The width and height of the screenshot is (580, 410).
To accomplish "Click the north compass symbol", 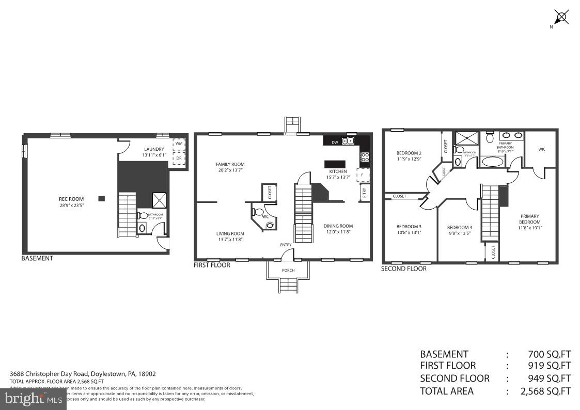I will point(562,17).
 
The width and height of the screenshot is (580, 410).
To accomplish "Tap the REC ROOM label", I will point(71,198).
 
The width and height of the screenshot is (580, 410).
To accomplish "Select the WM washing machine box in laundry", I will point(179,143).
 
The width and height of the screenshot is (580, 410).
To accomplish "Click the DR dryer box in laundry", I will point(179,158).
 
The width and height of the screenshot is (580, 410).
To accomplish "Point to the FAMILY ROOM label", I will point(230,164).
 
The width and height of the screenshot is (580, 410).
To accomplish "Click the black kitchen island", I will point(335,164).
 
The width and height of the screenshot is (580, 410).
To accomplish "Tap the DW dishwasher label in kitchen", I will point(335,141).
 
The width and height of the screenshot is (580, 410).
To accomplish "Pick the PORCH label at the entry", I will point(288,270).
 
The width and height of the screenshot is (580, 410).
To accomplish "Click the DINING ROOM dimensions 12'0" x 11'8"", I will point(338,232).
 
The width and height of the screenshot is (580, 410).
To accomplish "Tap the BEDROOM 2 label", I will point(409,153).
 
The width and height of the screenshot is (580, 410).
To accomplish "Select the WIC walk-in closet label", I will point(541,149).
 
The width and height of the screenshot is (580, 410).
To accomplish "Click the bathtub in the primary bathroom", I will point(494,162).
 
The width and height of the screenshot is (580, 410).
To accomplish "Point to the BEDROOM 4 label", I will point(459,227).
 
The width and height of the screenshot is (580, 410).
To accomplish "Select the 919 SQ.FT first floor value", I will point(549,366).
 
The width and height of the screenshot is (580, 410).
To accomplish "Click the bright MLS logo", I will point(32,398).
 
